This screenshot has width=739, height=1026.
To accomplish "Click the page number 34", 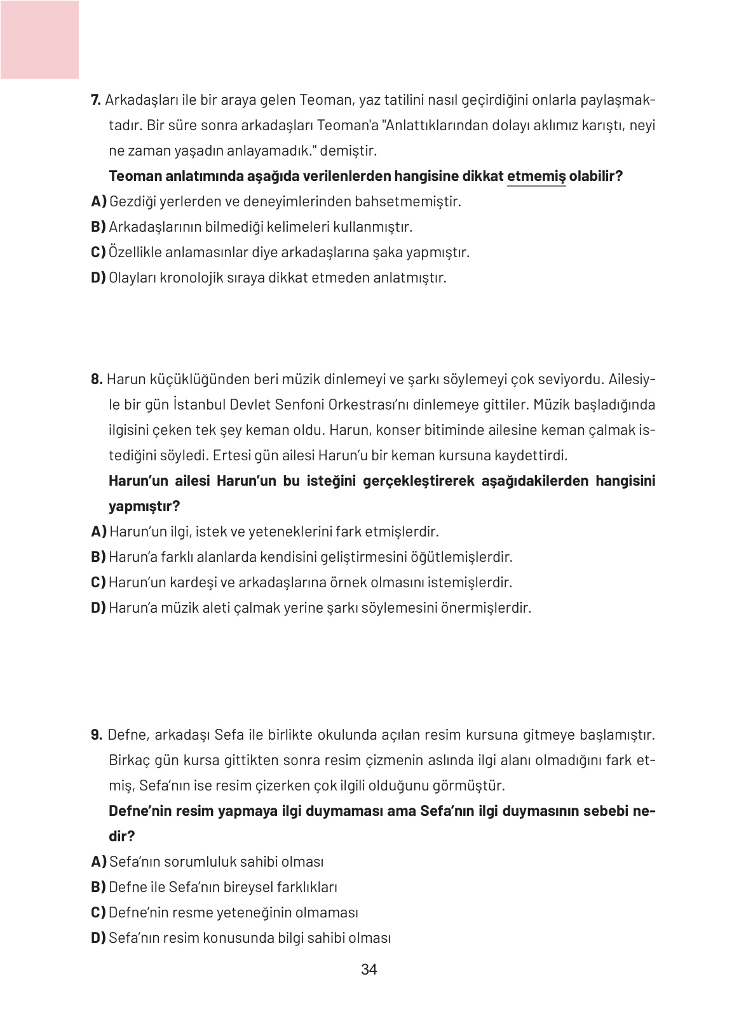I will point(369,969).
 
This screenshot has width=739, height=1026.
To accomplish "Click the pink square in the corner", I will point(39,39).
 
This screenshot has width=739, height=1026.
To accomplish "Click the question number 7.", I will point(96,100).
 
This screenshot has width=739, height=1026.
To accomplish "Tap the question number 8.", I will point(97,379).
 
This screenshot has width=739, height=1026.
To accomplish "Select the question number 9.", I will point(97,735).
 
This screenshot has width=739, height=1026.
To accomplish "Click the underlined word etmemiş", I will point(536,176).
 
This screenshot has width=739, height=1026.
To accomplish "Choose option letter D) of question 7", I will point(98,277).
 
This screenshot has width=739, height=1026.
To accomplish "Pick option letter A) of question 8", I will point(98,531).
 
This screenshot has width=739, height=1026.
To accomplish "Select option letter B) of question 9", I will point(98,887).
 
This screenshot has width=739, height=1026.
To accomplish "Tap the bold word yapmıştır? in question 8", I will point(144,506).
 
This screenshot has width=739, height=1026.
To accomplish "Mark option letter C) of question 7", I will point(98,252).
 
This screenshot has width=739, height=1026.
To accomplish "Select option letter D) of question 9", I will point(98,938).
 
